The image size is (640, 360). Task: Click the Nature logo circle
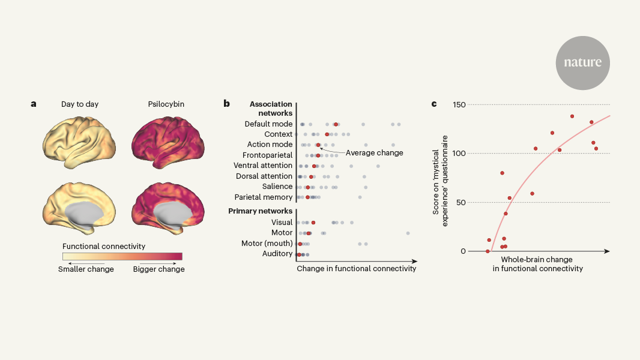582,62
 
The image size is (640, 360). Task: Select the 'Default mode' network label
268,124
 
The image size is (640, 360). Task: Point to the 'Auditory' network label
277,254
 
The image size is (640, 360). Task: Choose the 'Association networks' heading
271,108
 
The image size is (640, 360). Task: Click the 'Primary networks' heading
261,211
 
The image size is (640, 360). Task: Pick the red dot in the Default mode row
336,124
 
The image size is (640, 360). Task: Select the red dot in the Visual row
313,223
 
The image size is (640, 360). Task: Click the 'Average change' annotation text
375,153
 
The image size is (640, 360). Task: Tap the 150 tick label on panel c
459,104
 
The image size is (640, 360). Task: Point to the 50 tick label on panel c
461,202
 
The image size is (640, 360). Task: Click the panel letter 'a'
34,104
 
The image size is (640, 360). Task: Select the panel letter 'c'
434,104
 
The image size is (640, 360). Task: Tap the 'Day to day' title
80,104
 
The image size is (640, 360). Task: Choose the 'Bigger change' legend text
158,269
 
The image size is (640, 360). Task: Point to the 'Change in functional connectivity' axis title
356,269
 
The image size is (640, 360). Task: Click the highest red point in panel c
572,116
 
